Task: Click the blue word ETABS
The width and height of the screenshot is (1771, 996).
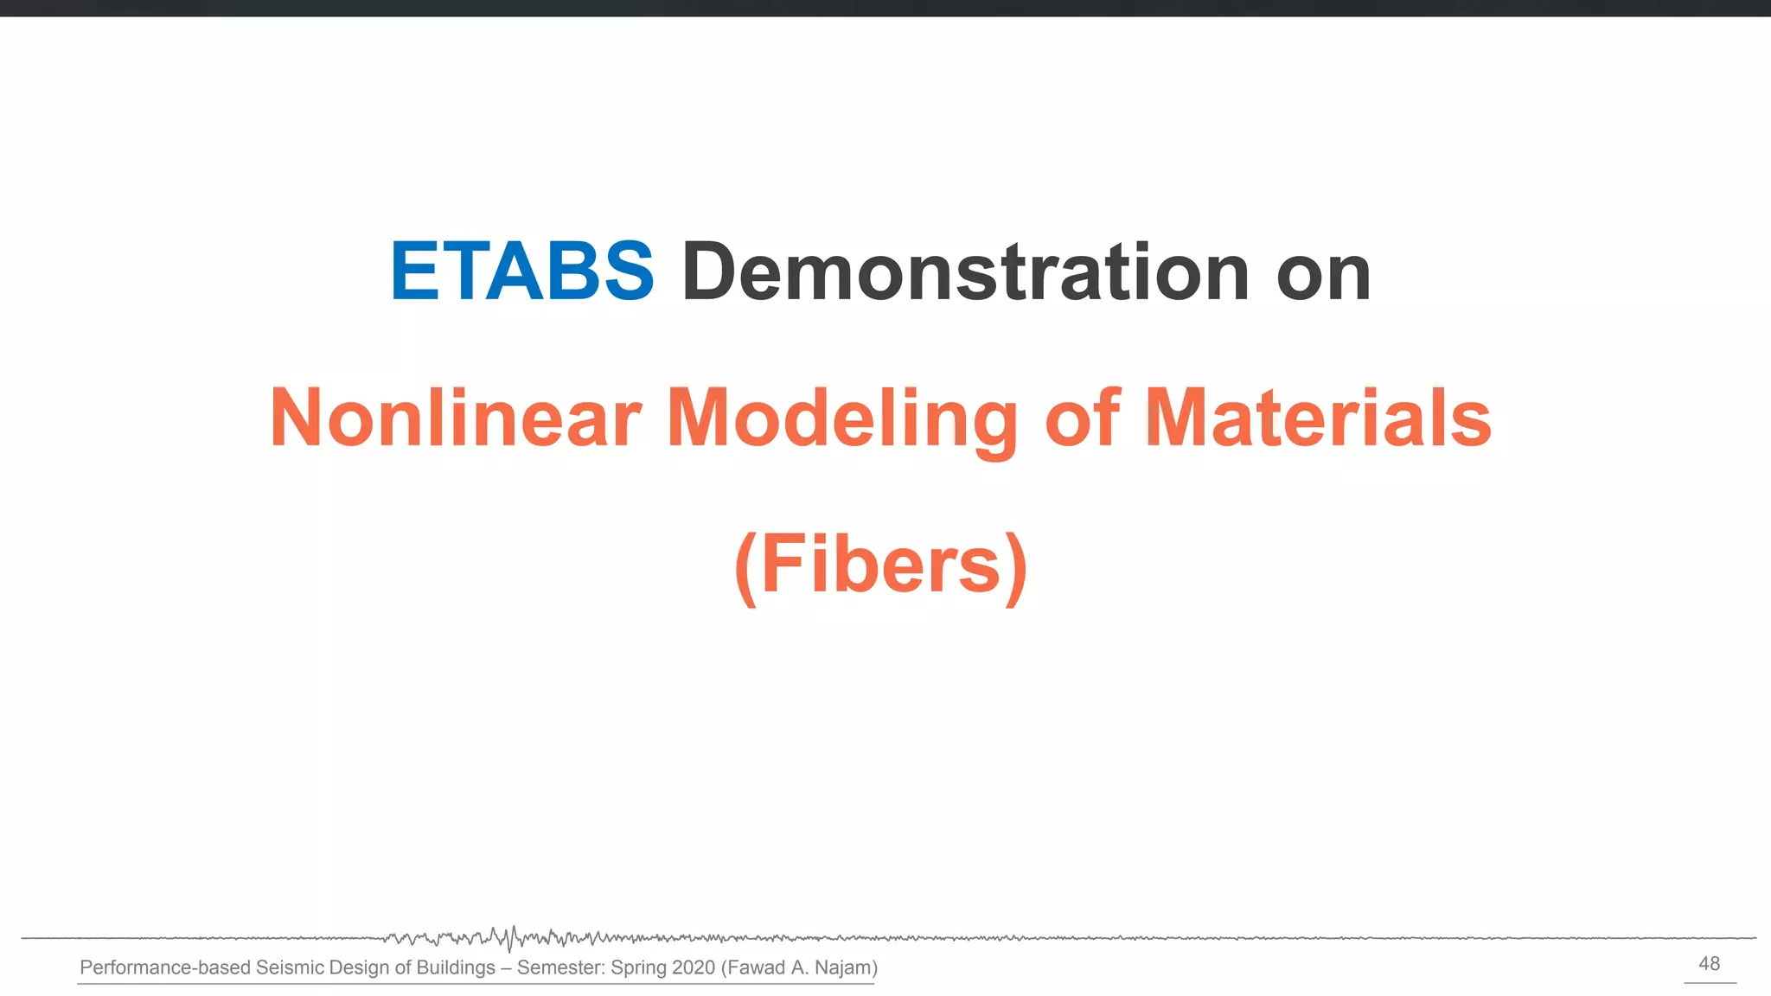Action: tap(522, 271)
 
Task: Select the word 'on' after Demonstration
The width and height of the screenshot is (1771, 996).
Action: tap(1324, 275)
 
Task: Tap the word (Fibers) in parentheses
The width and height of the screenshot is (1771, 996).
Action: tap(881, 565)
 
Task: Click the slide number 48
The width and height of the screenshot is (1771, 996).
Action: tap(1710, 963)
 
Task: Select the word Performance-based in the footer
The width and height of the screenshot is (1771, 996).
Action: tap(165, 967)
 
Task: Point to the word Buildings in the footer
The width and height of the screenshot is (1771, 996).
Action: tap(456, 967)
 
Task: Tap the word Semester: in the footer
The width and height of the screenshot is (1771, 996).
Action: tap(561, 967)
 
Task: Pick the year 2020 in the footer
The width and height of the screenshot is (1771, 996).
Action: tap(694, 967)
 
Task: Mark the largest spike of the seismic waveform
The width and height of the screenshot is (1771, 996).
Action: tap(513, 939)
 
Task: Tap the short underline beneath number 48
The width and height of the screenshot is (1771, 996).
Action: tap(1710, 982)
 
